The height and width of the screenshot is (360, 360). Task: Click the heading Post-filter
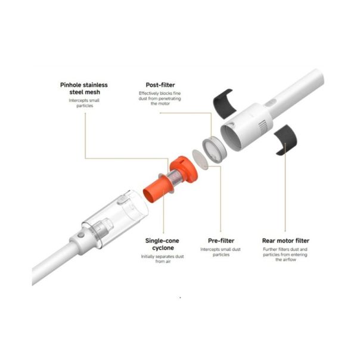(160, 85)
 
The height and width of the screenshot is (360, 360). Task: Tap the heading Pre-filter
(221, 241)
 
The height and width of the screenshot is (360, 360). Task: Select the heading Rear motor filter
(285, 241)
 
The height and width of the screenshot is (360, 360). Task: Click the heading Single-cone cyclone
(162, 244)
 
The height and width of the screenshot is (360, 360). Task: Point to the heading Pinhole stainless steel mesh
(84, 88)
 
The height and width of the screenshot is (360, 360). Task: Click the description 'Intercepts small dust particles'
(221, 252)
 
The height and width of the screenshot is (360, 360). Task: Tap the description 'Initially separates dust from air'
(162, 259)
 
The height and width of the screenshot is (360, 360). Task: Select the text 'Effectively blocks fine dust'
(160, 96)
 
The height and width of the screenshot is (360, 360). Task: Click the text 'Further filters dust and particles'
(285, 252)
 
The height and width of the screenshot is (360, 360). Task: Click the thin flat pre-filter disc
(200, 160)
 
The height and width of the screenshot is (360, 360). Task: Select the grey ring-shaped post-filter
(215, 150)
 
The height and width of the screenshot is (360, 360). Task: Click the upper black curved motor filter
(224, 104)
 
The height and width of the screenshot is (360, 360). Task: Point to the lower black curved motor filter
(286, 139)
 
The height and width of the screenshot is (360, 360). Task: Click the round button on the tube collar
(80, 235)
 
